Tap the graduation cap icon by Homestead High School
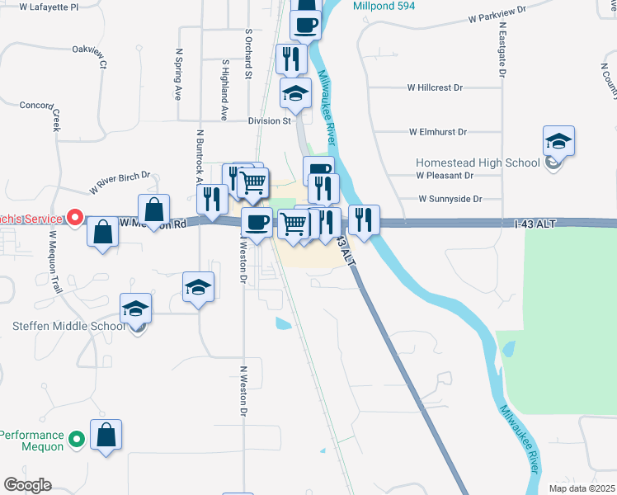(x=558, y=141)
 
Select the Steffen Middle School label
(x=69, y=326)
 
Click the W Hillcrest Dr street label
(x=436, y=87)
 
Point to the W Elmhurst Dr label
(x=438, y=132)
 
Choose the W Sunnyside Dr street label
(x=450, y=199)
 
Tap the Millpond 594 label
(x=387, y=5)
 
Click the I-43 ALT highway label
(x=535, y=224)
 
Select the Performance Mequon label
(x=32, y=441)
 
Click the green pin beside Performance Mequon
(x=77, y=440)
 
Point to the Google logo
(x=27, y=485)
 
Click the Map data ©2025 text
(x=582, y=488)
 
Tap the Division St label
(x=271, y=120)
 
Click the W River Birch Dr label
(x=120, y=181)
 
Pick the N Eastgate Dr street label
(x=501, y=49)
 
